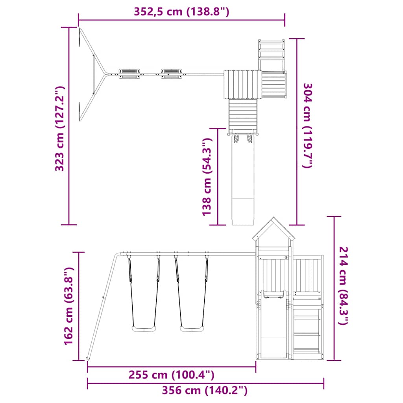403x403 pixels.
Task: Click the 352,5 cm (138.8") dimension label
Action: (x=181, y=12)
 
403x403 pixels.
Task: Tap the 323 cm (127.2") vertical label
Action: (x=60, y=129)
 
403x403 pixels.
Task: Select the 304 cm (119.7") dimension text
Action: (x=307, y=126)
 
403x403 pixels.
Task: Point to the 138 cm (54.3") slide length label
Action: (x=207, y=177)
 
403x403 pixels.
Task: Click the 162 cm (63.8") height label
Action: (x=69, y=306)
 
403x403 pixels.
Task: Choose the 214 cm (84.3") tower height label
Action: (x=343, y=286)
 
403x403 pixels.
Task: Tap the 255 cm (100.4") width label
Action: (x=172, y=375)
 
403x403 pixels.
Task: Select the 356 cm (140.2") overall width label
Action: (x=205, y=390)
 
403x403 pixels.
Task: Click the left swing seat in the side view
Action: (x=144, y=329)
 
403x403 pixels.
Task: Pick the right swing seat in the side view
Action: (x=192, y=329)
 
